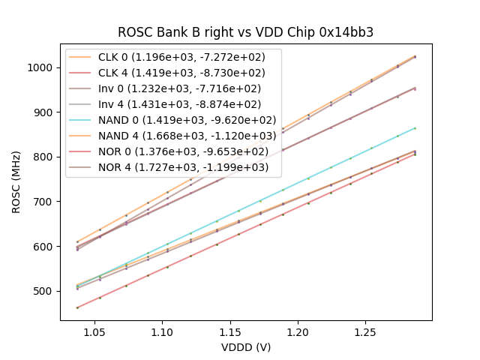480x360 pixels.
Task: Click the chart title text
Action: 245,32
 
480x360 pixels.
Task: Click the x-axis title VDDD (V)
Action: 245,347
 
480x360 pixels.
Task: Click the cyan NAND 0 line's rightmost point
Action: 415,128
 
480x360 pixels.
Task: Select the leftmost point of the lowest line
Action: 77,307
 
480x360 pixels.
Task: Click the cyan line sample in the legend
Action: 83,120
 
